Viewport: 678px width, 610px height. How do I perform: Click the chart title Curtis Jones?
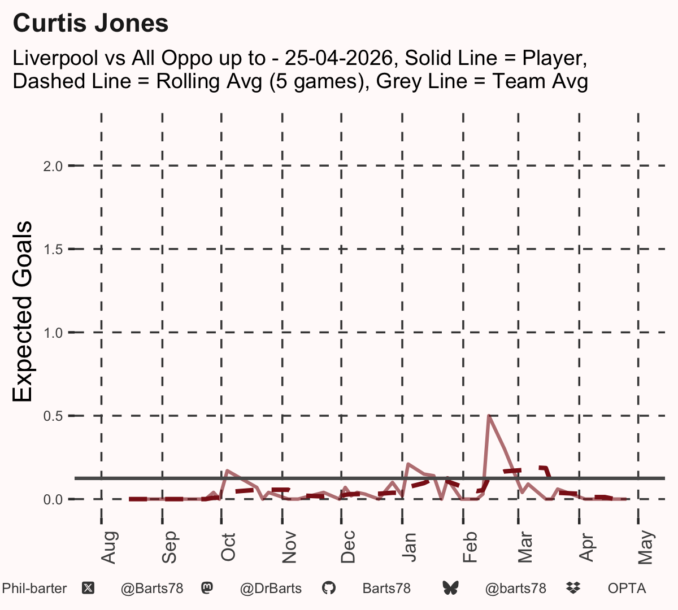(x=90, y=23)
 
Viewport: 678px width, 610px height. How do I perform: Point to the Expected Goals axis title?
(x=22, y=311)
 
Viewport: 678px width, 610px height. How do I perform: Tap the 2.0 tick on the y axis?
(x=53, y=166)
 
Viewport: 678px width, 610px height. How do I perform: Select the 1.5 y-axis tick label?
(x=53, y=250)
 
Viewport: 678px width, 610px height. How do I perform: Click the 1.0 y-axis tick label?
(x=53, y=333)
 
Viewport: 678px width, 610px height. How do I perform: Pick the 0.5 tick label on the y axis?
(x=53, y=416)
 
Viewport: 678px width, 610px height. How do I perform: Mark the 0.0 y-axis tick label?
(x=53, y=499)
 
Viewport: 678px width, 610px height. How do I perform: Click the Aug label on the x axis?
(x=109, y=547)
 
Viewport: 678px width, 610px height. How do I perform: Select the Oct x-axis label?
(x=228, y=547)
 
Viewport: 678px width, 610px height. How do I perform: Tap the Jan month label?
(x=409, y=547)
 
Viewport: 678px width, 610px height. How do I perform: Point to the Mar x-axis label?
(x=525, y=547)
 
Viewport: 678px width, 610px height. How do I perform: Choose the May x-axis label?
(x=646, y=547)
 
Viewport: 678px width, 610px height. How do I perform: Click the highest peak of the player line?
(x=489, y=416)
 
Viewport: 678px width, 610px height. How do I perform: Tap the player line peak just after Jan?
(x=408, y=464)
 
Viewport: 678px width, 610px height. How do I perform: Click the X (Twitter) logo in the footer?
(x=88, y=589)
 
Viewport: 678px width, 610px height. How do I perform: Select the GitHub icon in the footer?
(x=328, y=589)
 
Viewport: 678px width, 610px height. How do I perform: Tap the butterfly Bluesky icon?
(x=450, y=589)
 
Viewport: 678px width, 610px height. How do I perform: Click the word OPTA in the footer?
(x=627, y=589)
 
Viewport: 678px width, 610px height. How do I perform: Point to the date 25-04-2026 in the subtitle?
(x=339, y=58)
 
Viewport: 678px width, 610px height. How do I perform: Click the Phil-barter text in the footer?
(x=34, y=589)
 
